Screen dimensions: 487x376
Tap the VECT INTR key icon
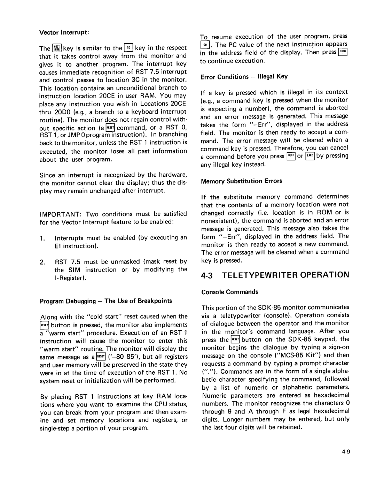57,48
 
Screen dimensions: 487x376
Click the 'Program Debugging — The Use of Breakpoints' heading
106,300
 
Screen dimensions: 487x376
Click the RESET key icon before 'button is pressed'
45,325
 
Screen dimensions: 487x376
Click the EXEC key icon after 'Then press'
343,52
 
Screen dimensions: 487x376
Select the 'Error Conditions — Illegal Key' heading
244,77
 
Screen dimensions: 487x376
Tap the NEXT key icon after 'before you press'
291,156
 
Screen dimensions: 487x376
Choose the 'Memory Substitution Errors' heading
241,181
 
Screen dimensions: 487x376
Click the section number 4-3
208,275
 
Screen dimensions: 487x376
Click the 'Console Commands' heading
230,292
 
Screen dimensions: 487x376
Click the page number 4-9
345,451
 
